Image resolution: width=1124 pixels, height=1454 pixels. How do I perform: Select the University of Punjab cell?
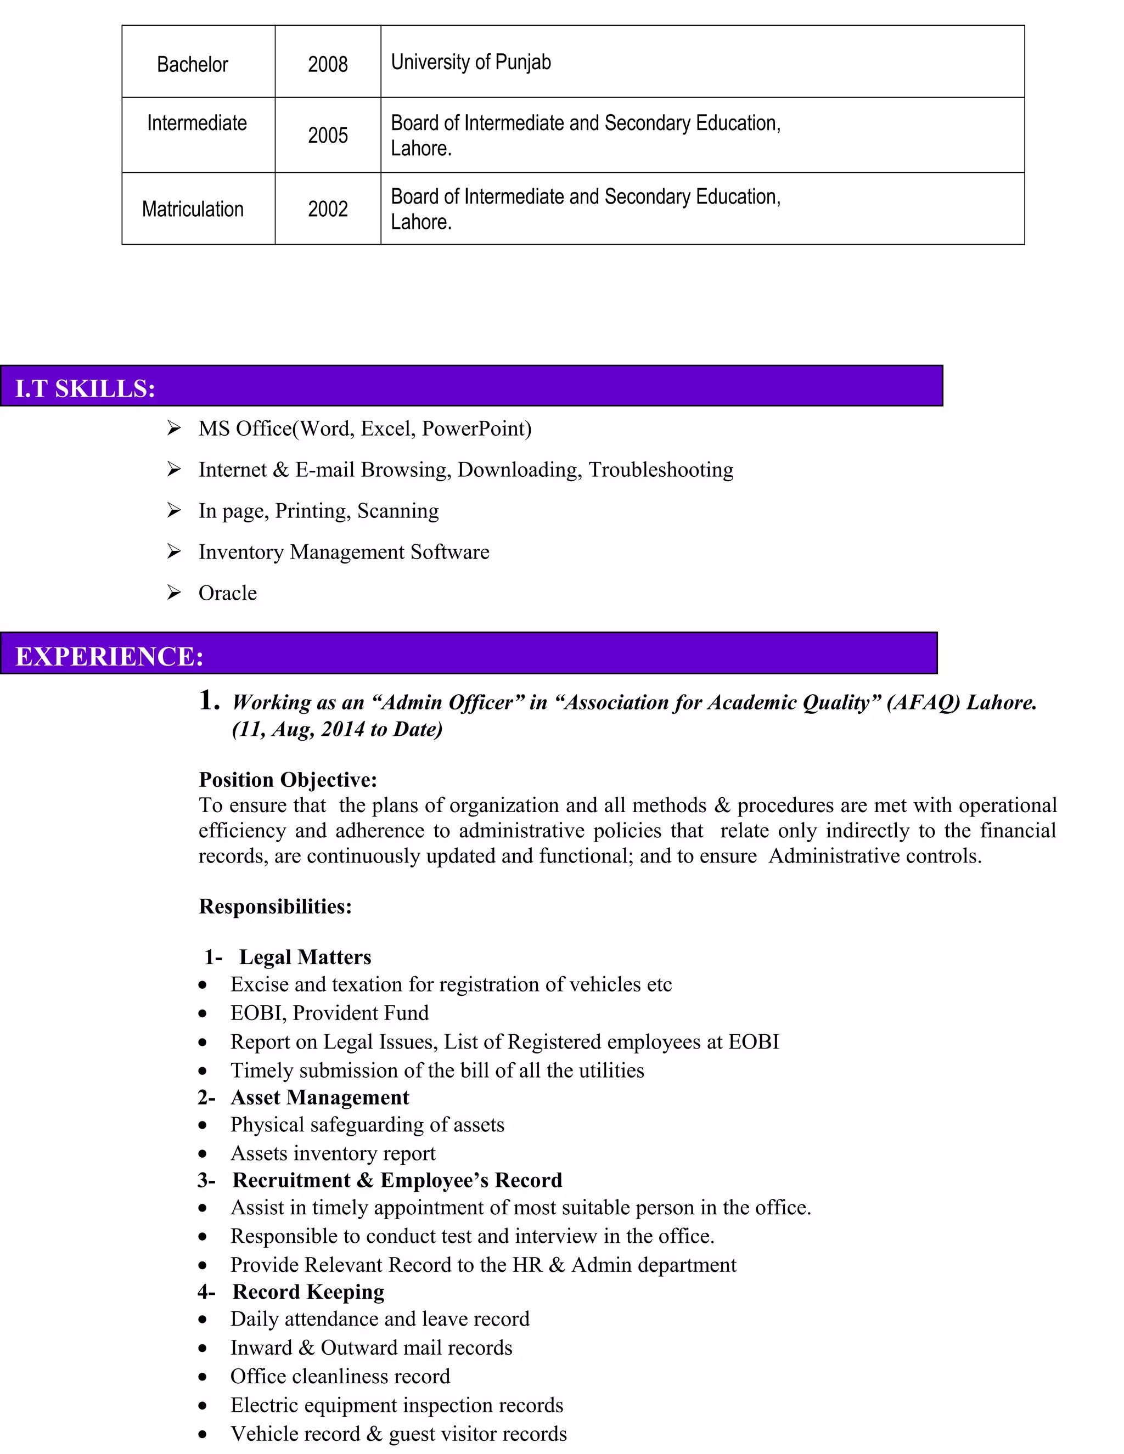(471, 62)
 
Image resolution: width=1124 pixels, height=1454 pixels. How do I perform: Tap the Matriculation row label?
(193, 209)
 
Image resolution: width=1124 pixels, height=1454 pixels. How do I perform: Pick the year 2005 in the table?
(328, 135)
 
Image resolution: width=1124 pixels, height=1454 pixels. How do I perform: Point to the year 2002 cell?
(328, 209)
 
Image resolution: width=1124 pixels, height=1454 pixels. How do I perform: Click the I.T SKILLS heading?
(85, 389)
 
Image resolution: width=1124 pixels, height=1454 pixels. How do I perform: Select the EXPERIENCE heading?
(109, 656)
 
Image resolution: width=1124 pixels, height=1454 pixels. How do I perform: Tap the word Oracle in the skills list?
(227, 593)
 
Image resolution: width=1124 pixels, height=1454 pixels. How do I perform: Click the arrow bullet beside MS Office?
(174, 428)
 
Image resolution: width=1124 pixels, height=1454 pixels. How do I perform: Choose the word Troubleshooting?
(661, 470)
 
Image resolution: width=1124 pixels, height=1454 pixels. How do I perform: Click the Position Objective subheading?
(288, 780)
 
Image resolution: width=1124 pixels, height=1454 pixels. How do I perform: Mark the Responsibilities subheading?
(275, 906)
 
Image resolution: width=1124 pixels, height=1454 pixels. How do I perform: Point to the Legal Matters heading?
(305, 957)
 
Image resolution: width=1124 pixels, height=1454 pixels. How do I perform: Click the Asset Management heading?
(319, 1097)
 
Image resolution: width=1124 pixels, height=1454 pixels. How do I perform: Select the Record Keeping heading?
(308, 1292)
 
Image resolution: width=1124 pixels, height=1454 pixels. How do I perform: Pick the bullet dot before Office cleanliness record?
(203, 1377)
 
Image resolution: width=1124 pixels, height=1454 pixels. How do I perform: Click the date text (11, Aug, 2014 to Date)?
(337, 729)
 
